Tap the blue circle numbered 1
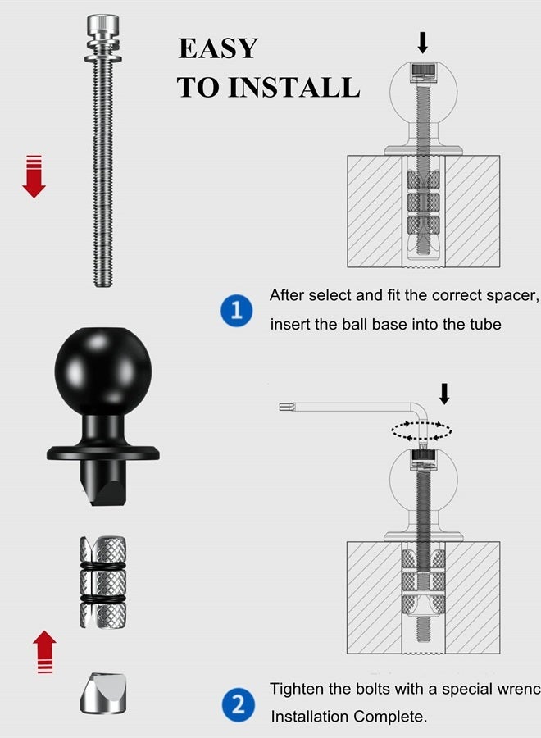pyautogui.click(x=237, y=312)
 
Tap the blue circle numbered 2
pyautogui.click(x=237, y=704)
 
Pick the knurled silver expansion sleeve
pyautogui.click(x=102, y=582)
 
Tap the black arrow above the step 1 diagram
pyautogui.click(x=422, y=41)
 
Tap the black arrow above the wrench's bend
pyautogui.click(x=444, y=393)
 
